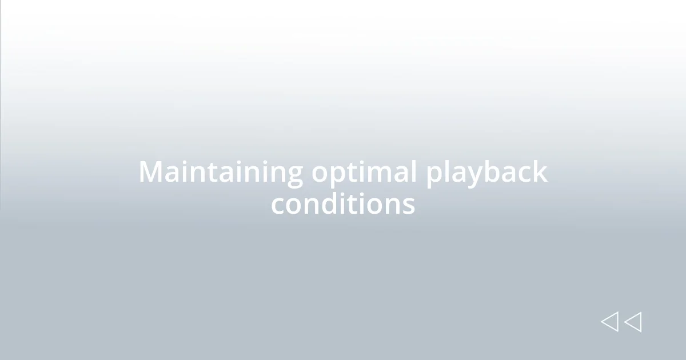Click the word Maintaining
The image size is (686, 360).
[x=221, y=173]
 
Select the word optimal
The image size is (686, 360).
[x=364, y=173]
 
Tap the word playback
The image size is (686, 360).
[x=486, y=173]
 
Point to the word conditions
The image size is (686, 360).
[x=343, y=203]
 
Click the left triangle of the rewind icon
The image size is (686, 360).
[x=609, y=322]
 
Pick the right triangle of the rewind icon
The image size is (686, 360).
[x=633, y=322]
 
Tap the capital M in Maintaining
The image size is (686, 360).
[x=151, y=172]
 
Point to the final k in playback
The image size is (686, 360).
[x=540, y=171]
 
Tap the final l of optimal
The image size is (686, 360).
[x=414, y=171]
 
